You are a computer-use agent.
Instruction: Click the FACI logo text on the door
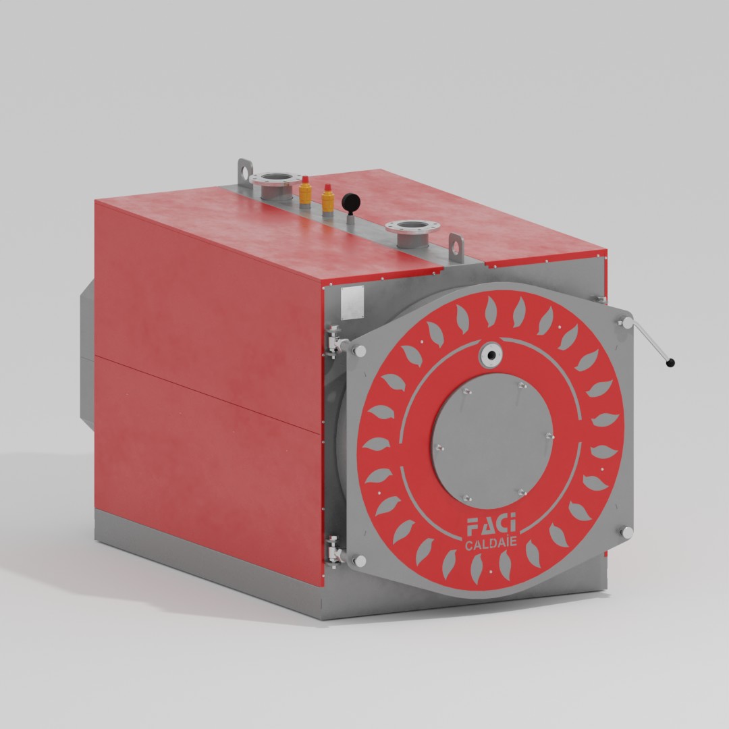click(491, 525)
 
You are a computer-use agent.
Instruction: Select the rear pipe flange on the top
click(275, 184)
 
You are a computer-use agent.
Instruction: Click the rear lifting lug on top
click(245, 173)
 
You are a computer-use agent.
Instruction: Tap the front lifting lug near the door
click(456, 247)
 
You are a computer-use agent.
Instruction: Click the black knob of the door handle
click(670, 362)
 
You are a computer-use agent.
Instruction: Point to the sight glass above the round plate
click(491, 356)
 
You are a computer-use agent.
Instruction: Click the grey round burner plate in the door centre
click(492, 440)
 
